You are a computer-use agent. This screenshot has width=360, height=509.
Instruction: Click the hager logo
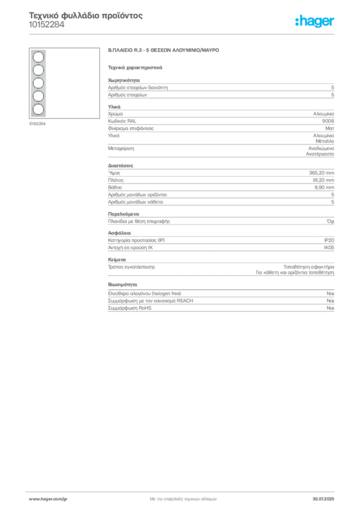pyautogui.click(x=315, y=21)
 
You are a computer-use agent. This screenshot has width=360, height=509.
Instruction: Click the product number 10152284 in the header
pyautogui.click(x=47, y=25)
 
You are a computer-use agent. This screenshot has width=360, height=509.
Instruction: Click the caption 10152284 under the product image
pyautogui.click(x=37, y=124)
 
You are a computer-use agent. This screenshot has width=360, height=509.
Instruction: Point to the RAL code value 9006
pyautogui.click(x=328, y=121)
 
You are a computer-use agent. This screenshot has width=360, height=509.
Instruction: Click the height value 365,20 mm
pyautogui.click(x=321, y=173)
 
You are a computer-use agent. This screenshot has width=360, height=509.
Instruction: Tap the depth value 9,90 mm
pyautogui.click(x=324, y=187)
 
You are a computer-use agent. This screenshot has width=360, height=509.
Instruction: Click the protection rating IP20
pyautogui.click(x=329, y=240)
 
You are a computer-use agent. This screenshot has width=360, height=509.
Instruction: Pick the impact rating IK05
pyautogui.click(x=329, y=248)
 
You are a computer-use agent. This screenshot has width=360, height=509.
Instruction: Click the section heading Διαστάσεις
pyautogui.click(x=120, y=166)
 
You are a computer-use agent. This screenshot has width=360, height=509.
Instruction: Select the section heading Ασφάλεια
pyautogui.click(x=119, y=233)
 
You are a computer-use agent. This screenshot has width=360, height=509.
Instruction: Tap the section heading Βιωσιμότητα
pyautogui.click(x=122, y=284)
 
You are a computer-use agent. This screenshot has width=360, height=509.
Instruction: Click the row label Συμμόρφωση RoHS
pyautogui.click(x=129, y=308)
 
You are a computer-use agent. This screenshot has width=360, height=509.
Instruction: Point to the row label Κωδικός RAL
pyautogui.click(x=122, y=121)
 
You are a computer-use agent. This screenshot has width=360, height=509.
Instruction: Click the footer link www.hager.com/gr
pyautogui.click(x=48, y=499)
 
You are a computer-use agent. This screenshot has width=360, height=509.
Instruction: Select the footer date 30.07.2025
pyautogui.click(x=323, y=499)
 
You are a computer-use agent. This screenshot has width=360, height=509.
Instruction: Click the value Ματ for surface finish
pyautogui.click(x=330, y=128)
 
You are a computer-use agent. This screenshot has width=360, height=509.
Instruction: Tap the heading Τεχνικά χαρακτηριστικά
pyautogui.click(x=135, y=68)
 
